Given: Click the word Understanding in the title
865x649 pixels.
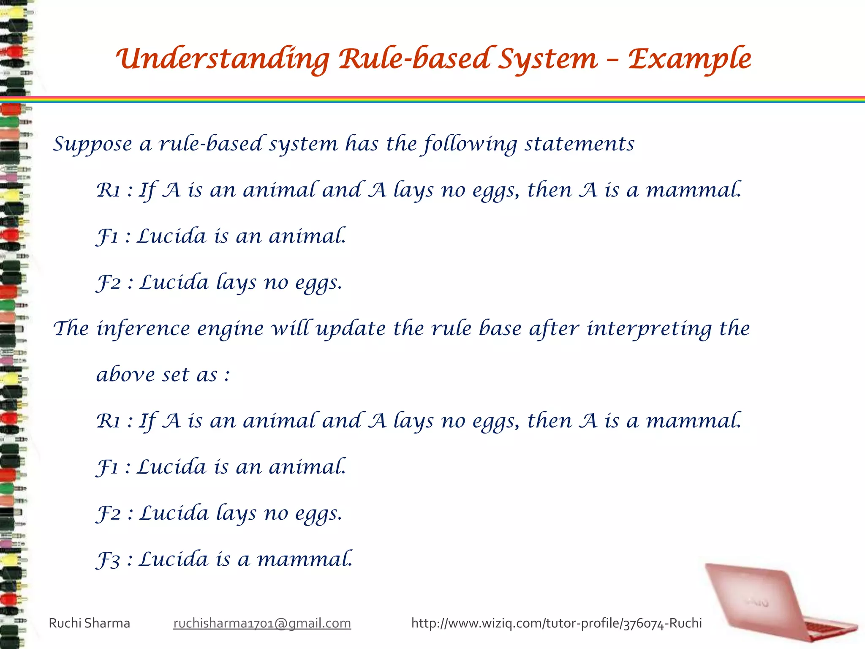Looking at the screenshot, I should tap(223, 59).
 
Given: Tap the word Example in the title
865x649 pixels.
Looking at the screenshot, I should tap(689, 59).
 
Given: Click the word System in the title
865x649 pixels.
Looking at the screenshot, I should tap(548, 59).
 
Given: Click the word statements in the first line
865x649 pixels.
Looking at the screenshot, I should tap(579, 144).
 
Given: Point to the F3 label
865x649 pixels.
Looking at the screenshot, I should tap(108, 560).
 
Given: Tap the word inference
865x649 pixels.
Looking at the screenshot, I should tap(144, 329).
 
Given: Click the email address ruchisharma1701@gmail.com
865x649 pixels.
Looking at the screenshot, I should tap(262, 623).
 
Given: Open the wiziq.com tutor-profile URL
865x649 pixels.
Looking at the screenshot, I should tap(556, 623).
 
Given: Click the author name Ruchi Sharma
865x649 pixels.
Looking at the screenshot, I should tap(90, 623).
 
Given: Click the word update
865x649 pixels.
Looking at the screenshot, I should tap(351, 329).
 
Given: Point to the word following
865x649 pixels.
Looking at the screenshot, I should tap(471, 144).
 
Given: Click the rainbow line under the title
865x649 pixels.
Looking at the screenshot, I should tap(432, 100).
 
